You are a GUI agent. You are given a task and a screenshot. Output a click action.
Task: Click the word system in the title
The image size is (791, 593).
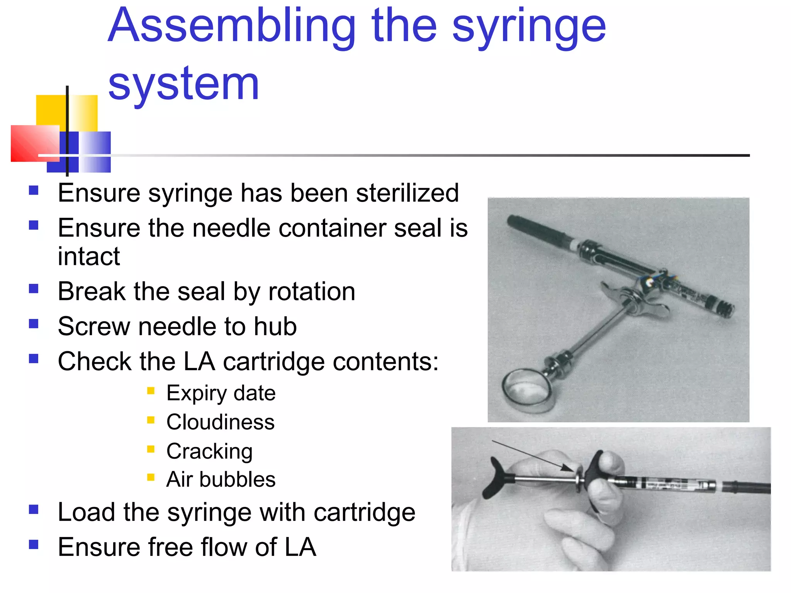tap(183, 84)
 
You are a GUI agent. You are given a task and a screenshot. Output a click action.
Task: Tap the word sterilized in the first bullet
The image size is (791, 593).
tap(407, 193)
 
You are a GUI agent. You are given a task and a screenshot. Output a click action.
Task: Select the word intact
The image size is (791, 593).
tap(89, 256)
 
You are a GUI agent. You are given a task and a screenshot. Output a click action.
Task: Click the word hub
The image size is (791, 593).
tap(275, 327)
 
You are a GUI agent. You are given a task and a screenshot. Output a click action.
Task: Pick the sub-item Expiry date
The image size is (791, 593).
tap(221, 393)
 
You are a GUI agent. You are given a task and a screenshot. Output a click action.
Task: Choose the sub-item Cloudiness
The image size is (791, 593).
tap(221, 422)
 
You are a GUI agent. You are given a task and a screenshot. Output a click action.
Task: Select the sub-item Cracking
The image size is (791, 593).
tap(209, 451)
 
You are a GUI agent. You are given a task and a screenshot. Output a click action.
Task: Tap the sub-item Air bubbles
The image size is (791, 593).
tap(221, 479)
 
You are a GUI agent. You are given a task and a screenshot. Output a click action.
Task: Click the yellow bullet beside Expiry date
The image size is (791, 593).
tap(151, 391)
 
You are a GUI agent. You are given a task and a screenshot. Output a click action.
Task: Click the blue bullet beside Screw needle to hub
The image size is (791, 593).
tap(34, 324)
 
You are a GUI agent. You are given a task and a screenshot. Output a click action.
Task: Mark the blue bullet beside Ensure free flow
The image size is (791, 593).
tap(34, 544)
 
